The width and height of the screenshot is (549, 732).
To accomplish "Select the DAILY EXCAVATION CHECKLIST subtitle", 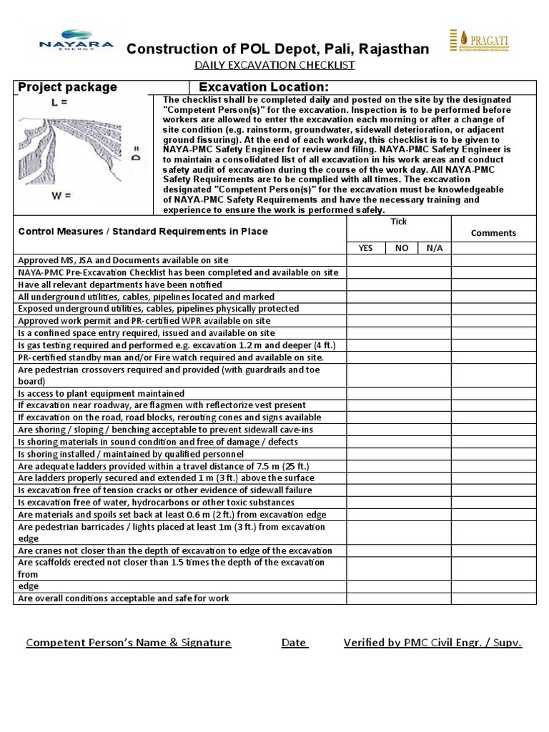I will pos(274,66).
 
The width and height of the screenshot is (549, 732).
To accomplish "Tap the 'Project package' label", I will pos(67,87).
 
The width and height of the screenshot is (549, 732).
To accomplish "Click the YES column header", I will pos(365,247).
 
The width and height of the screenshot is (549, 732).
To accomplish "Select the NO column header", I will pos(402,247).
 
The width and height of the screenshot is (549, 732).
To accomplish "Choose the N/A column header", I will pos(434,247).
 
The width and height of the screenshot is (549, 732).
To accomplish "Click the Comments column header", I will pos(493,232).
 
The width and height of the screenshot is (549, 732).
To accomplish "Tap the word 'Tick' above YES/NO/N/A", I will pos(398,222).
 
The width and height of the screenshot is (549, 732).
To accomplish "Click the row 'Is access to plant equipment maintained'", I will pos(101,393).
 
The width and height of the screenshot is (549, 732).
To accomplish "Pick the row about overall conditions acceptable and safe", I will pos(123,598).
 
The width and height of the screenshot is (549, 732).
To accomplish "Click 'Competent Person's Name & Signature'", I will pos(129,642).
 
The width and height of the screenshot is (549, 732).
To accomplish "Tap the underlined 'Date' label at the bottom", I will pos(294,642).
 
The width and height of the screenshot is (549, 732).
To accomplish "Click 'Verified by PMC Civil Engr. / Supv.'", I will pos(432,642).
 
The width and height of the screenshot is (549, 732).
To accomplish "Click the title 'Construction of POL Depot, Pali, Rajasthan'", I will pos(278,49).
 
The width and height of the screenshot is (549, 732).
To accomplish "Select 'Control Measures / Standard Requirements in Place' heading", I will pos(143,231).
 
